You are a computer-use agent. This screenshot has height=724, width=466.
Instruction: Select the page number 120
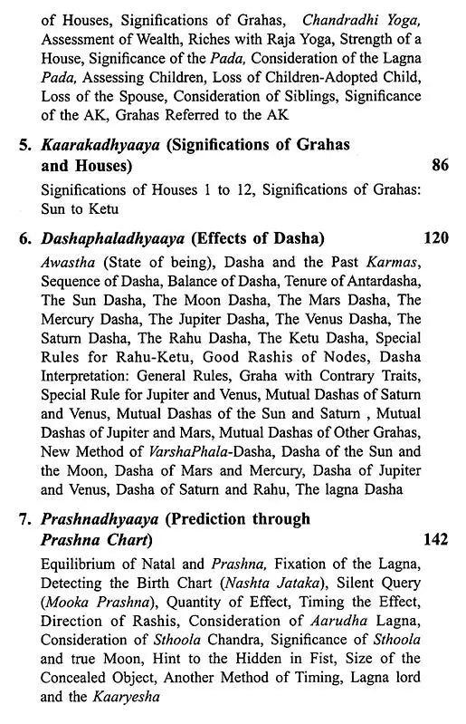tap(436, 238)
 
